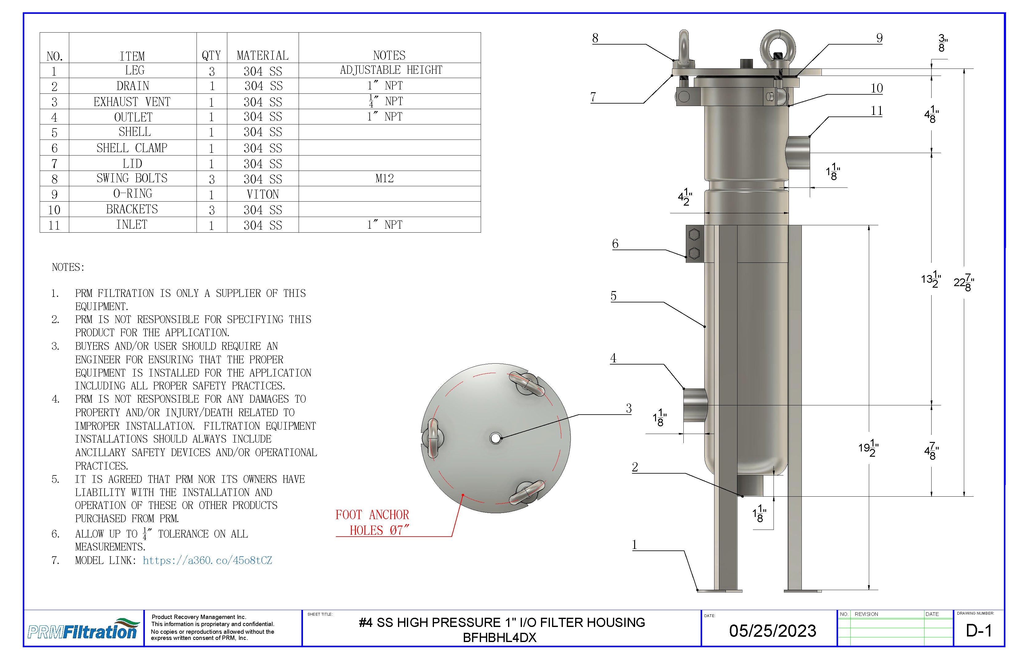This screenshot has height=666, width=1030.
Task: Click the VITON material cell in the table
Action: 263,194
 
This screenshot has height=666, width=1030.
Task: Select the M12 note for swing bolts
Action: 384,179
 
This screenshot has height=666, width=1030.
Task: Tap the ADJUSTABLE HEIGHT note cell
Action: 391,70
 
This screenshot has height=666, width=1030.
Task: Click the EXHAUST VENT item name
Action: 132,102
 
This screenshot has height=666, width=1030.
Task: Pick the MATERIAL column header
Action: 262,55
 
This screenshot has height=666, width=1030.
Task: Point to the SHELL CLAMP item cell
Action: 132,148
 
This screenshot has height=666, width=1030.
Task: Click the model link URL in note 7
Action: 207,561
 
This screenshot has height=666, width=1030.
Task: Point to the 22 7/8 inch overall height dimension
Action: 964,282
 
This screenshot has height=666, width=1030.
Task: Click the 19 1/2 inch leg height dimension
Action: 868,448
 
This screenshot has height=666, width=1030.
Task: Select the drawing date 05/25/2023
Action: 773,631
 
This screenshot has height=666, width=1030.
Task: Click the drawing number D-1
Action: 979,631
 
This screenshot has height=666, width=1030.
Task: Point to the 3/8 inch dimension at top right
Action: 942,44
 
